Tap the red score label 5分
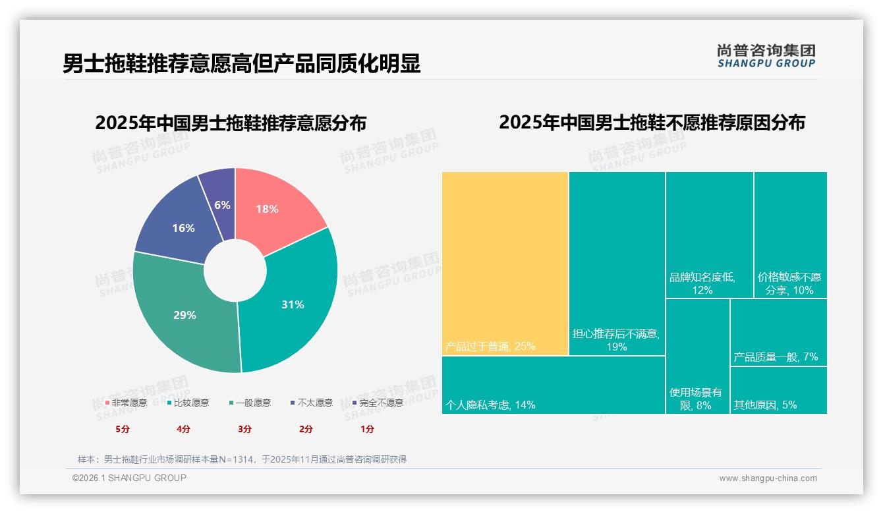pos(123,429)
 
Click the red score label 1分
pos(367,429)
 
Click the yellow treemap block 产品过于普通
pos(505,264)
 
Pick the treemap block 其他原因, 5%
pos(778,390)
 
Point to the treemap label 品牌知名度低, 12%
pos(702,283)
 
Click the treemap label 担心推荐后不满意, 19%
pos(616,340)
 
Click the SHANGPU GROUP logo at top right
pos(766,56)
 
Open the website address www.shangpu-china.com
pos(768,478)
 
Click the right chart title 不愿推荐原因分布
pos(652,123)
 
